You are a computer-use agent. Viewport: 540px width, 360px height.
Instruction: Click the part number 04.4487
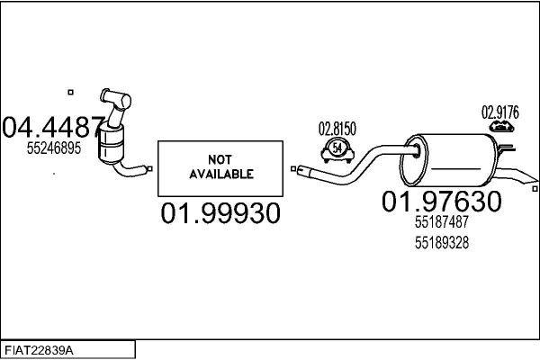click(53, 127)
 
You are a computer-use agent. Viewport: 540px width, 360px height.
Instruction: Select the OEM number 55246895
click(54, 148)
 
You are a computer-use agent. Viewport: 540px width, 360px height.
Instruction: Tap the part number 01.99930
click(220, 213)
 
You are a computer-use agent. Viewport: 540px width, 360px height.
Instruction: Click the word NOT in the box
click(220, 160)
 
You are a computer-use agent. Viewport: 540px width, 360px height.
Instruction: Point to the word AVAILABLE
click(221, 175)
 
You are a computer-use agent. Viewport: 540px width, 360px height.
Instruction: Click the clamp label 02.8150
click(337, 129)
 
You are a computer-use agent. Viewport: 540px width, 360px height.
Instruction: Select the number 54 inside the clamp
click(337, 148)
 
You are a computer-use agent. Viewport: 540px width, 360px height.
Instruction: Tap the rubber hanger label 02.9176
click(500, 112)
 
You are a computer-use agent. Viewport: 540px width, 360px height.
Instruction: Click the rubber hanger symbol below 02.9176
click(501, 126)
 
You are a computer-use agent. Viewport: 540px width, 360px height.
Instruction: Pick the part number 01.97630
click(442, 202)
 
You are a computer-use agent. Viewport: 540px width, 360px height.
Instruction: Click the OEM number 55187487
click(442, 222)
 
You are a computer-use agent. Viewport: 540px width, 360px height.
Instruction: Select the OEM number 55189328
click(442, 243)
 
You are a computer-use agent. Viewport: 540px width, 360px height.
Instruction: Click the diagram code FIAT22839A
click(39, 351)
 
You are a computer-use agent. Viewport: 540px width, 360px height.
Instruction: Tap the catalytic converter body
click(111, 146)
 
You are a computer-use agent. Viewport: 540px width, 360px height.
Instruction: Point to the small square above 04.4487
click(70, 92)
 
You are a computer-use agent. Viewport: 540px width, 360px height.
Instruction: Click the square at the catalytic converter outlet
click(149, 169)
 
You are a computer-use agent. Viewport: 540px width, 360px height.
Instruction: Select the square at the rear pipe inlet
click(293, 169)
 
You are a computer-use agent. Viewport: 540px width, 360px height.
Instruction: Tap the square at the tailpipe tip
click(535, 189)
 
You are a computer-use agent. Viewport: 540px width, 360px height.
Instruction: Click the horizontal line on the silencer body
click(455, 169)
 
